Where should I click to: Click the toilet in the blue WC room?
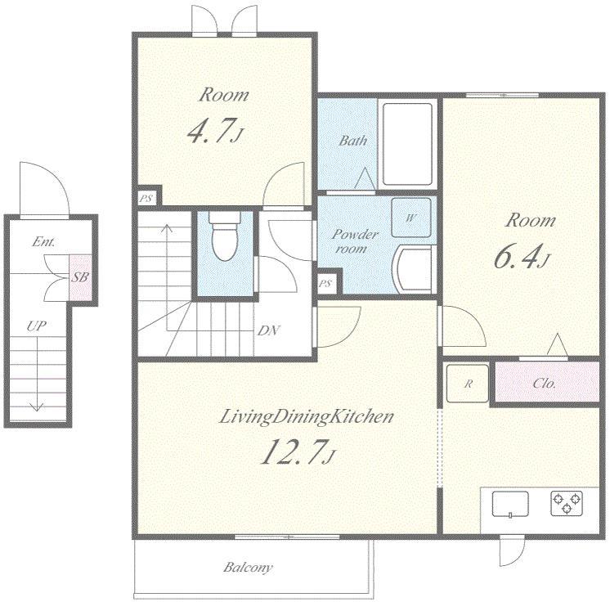(x=224, y=236)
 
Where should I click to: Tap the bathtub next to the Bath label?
(x=407, y=144)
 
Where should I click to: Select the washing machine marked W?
(x=410, y=218)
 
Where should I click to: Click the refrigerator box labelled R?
(x=467, y=384)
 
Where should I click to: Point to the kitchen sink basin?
(x=510, y=504)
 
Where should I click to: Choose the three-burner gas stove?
(x=567, y=503)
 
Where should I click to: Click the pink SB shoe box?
(x=80, y=277)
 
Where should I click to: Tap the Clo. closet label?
(x=545, y=384)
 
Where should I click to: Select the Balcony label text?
(x=248, y=567)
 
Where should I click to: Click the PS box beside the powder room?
(x=326, y=283)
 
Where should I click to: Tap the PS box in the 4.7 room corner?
(x=146, y=199)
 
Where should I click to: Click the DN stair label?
(x=268, y=330)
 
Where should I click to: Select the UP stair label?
(x=37, y=326)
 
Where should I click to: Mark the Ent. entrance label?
(x=43, y=241)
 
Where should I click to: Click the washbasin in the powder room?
(x=413, y=269)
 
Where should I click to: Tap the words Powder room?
(x=353, y=240)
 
